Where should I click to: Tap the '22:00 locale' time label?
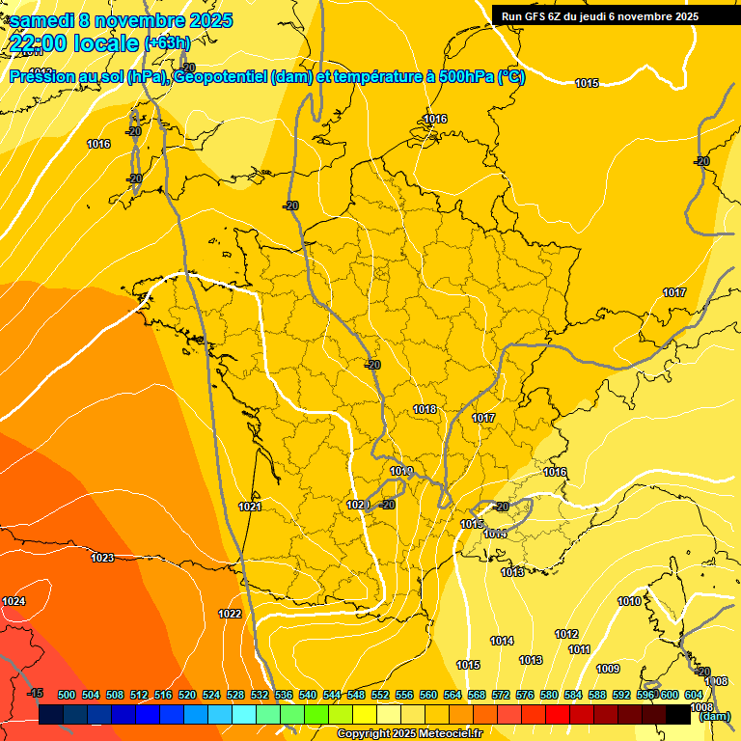(74, 42)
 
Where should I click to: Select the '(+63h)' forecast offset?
(167, 43)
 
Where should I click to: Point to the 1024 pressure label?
(14, 602)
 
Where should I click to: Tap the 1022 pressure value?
(230, 614)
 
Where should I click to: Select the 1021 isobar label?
(250, 507)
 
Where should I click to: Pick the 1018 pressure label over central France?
(425, 409)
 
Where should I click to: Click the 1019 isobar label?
(402, 471)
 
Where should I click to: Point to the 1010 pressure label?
(629, 601)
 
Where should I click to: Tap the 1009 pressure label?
(608, 669)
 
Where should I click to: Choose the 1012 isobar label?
(566, 634)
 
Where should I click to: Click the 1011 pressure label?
(579, 649)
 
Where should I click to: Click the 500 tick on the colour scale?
(67, 695)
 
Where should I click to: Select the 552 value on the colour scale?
(381, 695)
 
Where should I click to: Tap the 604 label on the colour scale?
(694, 695)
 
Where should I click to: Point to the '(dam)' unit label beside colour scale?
(715, 716)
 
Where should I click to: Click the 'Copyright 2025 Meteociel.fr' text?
(409, 733)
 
